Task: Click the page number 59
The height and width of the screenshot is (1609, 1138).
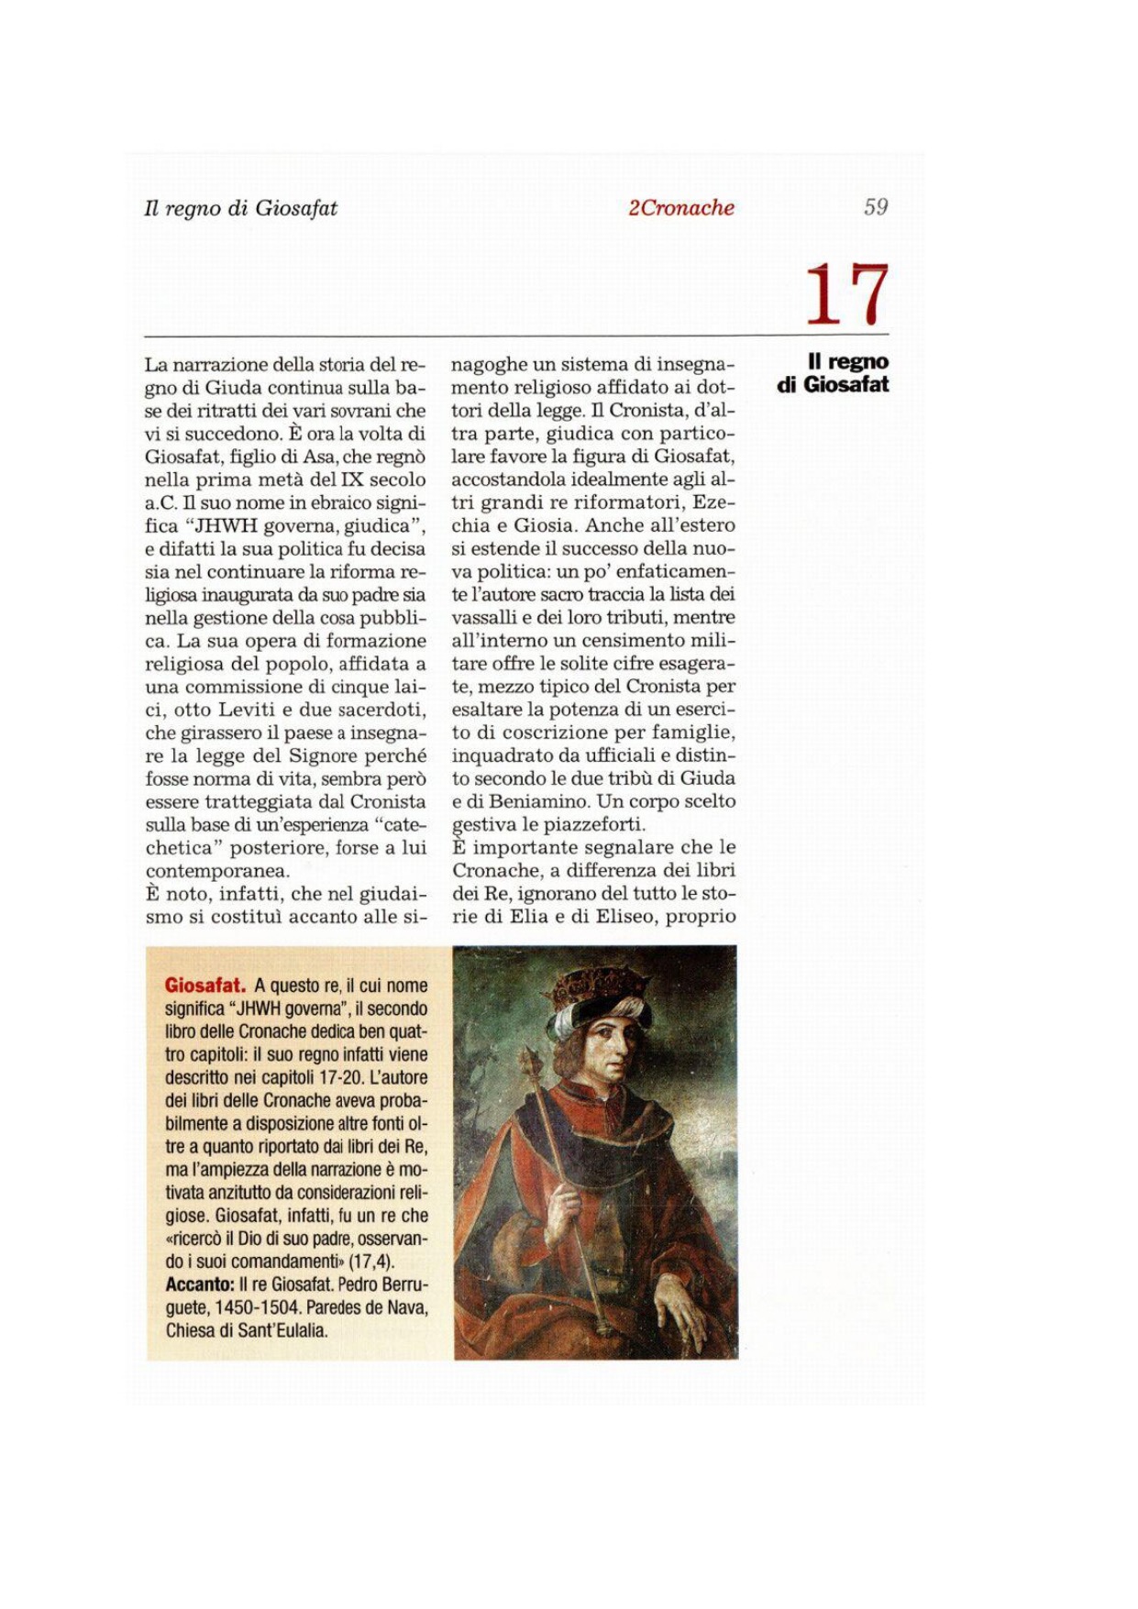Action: point(875,207)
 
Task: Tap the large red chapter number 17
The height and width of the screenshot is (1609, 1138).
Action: point(846,294)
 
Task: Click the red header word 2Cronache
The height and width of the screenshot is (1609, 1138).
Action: point(680,208)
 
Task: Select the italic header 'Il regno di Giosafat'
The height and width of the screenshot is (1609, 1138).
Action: point(240,208)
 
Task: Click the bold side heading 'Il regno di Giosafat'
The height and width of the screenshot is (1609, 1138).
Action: point(834,373)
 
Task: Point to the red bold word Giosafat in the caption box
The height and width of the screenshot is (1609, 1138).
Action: point(205,986)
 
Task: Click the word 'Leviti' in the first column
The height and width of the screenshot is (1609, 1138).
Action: point(249,710)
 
